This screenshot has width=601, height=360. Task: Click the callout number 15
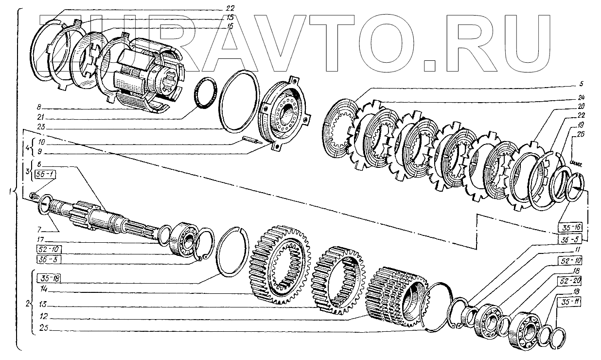(x=230, y=18)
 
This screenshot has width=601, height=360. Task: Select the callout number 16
(x=230, y=26)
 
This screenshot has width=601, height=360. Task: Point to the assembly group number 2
(x=27, y=305)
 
